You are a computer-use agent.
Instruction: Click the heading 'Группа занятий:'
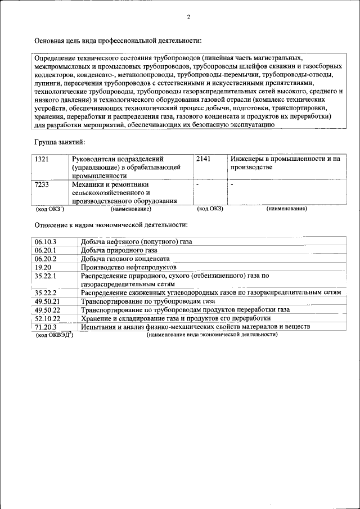(x=60, y=143)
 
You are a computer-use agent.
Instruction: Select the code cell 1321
(x=42, y=159)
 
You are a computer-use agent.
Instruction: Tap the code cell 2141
(x=203, y=159)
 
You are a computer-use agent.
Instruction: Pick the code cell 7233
(x=42, y=184)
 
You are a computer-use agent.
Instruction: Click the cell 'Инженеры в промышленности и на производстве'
(x=285, y=163)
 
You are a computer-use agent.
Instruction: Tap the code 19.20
(x=43, y=267)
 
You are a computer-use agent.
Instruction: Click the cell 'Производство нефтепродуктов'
(x=128, y=267)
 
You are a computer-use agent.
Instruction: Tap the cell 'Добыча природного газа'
(x=119, y=250)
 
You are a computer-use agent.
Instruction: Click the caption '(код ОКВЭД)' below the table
(x=55, y=335)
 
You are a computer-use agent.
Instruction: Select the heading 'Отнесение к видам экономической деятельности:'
(x=111, y=225)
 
